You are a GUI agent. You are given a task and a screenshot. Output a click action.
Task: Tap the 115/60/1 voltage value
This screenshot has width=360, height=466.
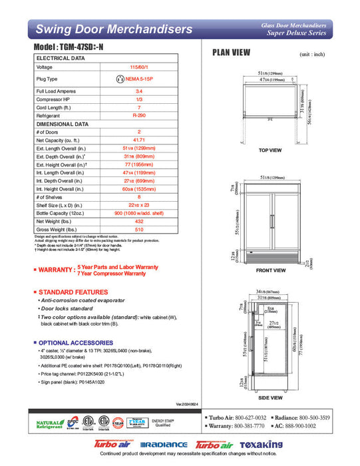pos(138,67)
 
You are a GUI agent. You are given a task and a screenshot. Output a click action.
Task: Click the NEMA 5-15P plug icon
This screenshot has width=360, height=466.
pos(120,79)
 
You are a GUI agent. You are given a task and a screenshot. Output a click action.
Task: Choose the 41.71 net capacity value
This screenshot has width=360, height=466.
pos(138,140)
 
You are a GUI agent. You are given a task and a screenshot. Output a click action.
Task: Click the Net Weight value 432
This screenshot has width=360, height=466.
pos(138,221)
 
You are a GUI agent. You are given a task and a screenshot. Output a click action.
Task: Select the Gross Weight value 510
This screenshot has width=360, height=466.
pos(138,229)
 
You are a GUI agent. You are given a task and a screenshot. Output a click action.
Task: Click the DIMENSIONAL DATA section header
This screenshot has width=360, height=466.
pos(63,124)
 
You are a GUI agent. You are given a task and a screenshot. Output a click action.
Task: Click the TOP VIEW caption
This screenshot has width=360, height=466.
pos(270,150)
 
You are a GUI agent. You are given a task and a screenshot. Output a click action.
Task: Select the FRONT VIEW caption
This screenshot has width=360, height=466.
pos(270,270)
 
